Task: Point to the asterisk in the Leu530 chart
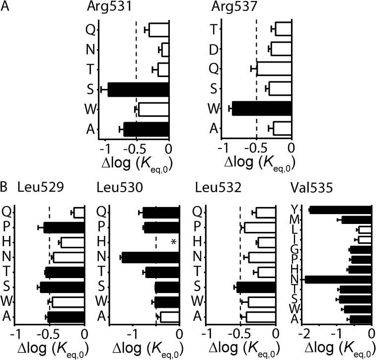[173, 242]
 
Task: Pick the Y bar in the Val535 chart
[341, 210]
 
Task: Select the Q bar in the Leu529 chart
[79, 213]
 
